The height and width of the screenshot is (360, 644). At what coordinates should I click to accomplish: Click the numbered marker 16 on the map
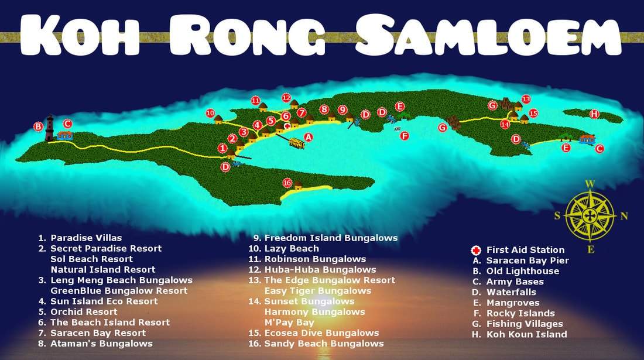coord(287,183)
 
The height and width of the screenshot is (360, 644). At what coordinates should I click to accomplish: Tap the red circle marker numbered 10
coord(211,113)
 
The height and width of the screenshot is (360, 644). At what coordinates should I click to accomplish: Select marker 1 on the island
coord(222,149)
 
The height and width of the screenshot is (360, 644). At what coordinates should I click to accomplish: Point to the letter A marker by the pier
coord(309,137)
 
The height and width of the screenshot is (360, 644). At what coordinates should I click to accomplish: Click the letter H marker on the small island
coord(594,114)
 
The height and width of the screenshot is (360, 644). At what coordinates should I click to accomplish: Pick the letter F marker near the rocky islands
coord(404,136)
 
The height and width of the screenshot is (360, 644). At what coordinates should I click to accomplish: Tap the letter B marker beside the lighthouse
coord(38,126)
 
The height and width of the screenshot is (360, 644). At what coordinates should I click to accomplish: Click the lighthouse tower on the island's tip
coord(50,128)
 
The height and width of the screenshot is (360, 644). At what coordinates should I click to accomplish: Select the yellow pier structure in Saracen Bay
coord(296,142)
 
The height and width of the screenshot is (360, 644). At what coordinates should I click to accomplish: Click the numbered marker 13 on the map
coord(526,100)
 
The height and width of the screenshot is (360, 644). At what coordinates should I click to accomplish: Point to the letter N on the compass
coord(624,216)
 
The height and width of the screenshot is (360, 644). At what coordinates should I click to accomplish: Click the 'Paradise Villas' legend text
coord(86,238)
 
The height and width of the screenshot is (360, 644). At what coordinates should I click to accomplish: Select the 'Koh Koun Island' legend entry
coord(526,334)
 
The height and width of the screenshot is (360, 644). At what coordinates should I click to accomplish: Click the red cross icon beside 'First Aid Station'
coord(477,250)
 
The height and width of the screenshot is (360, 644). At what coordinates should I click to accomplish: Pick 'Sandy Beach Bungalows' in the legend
coord(324,344)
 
